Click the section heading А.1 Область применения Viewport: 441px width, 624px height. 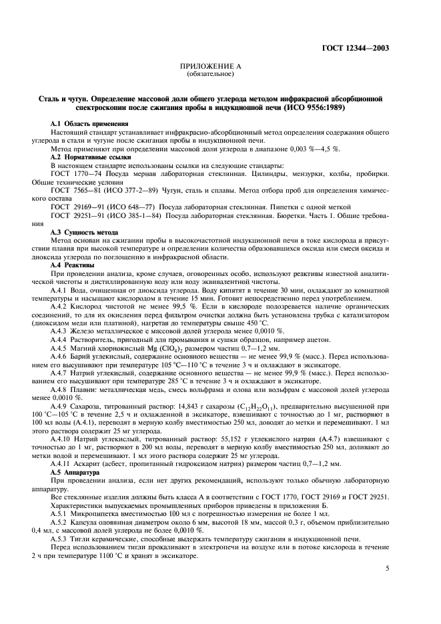point(90,124)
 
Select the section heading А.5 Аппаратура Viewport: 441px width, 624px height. point(77,472)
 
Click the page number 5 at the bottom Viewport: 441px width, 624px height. point(388,568)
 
